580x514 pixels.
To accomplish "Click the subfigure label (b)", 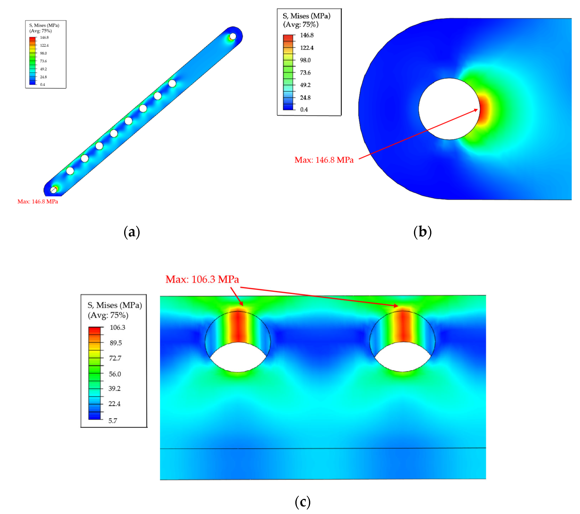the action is (422, 232).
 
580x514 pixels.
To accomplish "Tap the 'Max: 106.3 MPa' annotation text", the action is (202, 279).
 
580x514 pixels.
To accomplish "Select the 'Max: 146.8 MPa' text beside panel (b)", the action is (324, 160).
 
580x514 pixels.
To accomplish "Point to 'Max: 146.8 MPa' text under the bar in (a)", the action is (38, 201).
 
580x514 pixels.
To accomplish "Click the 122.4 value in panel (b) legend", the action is (307, 48).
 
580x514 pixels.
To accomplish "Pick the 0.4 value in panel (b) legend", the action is (304, 110).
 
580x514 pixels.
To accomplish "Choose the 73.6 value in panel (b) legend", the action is (305, 73).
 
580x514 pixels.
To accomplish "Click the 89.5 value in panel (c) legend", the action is (116, 343).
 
